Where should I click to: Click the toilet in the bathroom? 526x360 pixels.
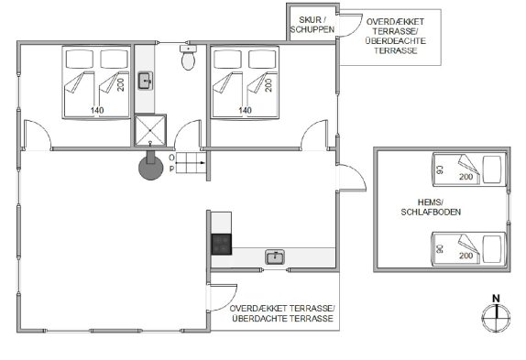188,58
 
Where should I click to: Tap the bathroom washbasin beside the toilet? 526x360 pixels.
146,81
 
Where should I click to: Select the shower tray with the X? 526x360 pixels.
150,131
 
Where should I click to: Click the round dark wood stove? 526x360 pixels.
150,168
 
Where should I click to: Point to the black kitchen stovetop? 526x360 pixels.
222,245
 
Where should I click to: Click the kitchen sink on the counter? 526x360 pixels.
275,257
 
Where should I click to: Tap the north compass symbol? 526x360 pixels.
496,318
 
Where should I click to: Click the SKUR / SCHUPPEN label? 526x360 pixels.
312,25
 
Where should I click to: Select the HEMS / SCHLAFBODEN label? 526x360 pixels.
431,207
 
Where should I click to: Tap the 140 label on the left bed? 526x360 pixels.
97,110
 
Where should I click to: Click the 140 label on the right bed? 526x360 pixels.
245,110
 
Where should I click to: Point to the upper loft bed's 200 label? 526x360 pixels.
466,177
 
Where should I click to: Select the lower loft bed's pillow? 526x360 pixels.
491,249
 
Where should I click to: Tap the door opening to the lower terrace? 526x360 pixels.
222,298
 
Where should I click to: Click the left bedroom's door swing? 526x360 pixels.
38,134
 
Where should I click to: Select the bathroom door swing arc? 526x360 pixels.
188,135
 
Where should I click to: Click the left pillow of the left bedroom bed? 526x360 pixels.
80,60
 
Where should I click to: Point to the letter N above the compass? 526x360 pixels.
496,299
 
